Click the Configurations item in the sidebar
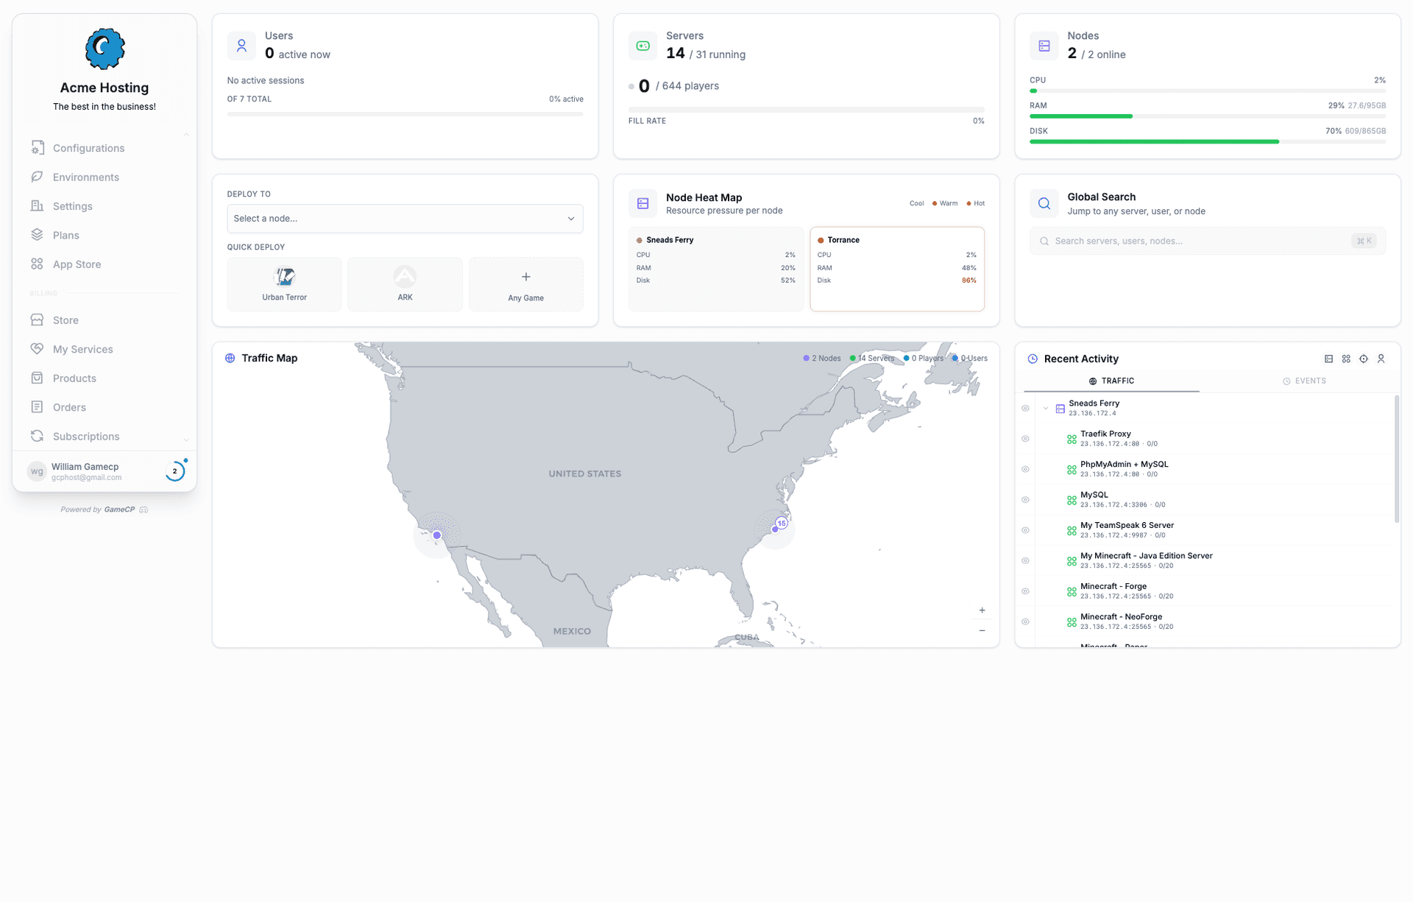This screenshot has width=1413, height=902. coord(88,148)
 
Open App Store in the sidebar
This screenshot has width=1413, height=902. coord(77,264)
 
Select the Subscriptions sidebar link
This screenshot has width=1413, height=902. coord(85,437)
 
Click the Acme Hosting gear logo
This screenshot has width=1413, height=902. coord(105,49)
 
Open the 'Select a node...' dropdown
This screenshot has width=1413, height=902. coord(405,219)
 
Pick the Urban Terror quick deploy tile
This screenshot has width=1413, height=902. coord(284,284)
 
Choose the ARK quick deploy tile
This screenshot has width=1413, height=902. coord(405,284)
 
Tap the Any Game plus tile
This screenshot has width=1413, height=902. coord(525,284)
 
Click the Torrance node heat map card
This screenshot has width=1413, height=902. coord(896,269)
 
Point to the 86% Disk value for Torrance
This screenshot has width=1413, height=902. coord(968,281)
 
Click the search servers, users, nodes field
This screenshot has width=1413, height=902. coord(1200,241)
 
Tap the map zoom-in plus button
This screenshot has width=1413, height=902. coord(982,610)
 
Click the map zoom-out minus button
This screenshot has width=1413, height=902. coord(982,631)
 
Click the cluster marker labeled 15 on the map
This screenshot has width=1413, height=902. coord(782,524)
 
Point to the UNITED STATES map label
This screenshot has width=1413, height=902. coord(584,474)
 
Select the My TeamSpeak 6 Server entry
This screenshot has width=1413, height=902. coord(1127,526)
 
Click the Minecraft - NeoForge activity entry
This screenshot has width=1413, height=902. coord(1121,617)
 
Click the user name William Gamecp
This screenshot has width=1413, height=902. coord(85,467)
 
